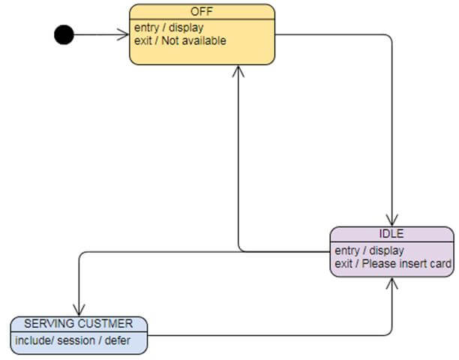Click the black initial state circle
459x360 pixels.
point(64,34)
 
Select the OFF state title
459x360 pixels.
point(202,11)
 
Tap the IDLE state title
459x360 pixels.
point(391,233)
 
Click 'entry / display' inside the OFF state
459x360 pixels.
point(169,28)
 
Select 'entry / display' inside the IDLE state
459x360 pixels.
point(369,250)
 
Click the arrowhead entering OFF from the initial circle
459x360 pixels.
point(123,34)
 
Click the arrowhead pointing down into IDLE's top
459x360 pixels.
point(391,220)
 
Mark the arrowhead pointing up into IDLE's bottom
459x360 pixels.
point(391,284)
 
